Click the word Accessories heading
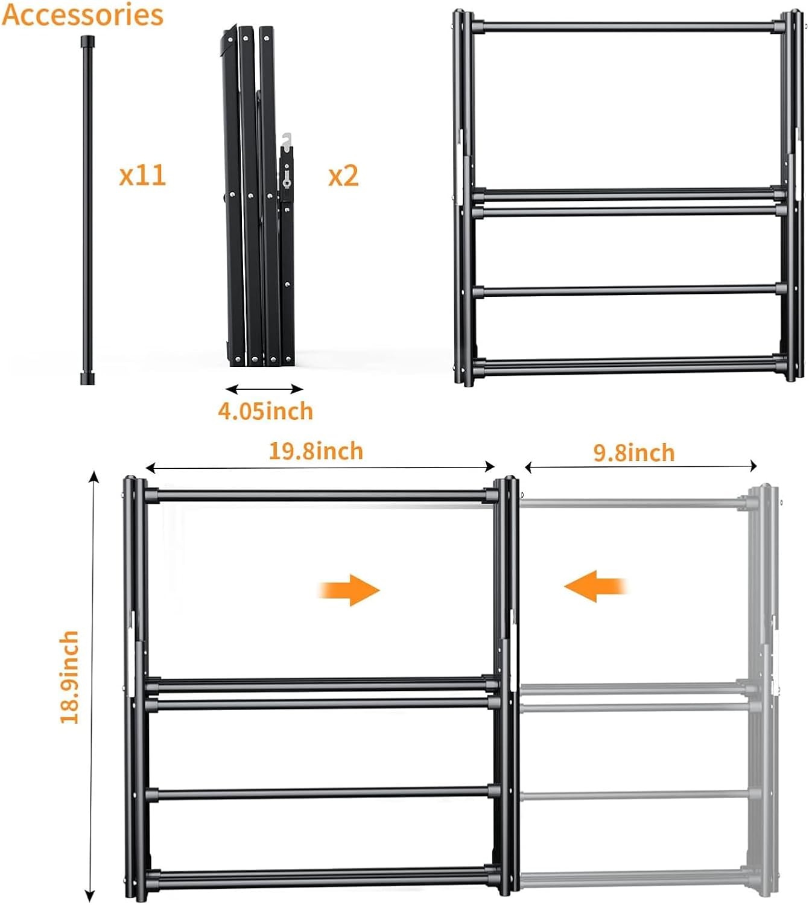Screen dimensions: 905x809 (x=83, y=14)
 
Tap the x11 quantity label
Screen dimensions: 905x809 (x=142, y=175)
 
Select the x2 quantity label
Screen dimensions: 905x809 (x=343, y=176)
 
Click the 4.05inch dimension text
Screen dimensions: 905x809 (x=265, y=411)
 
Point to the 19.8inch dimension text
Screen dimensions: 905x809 (x=316, y=451)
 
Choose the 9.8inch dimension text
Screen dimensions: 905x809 (x=633, y=453)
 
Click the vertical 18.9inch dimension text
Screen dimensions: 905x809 (x=69, y=676)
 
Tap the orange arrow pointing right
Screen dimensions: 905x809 (x=349, y=589)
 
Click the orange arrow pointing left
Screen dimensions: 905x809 (x=596, y=586)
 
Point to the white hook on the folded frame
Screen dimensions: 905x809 (x=287, y=140)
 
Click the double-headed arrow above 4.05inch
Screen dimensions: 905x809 (x=264, y=389)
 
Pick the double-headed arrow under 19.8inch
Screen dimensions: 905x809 (x=320, y=466)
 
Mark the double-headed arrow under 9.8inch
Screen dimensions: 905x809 (x=641, y=465)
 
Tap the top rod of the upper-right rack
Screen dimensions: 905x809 (x=628, y=27)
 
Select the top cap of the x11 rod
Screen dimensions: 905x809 (x=87, y=40)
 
